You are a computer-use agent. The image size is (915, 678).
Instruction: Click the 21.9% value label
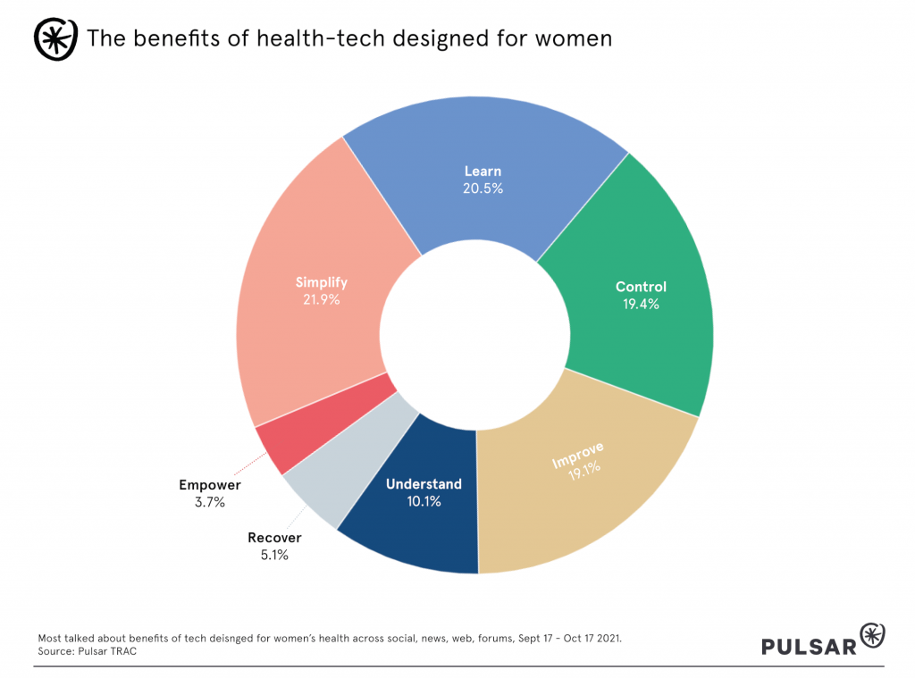pyautogui.click(x=321, y=300)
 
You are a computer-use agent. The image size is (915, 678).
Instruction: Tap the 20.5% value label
pyautogui.click(x=483, y=188)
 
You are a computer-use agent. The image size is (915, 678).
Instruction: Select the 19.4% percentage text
pyautogui.click(x=641, y=305)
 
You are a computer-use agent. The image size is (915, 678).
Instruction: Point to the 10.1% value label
pyautogui.click(x=424, y=501)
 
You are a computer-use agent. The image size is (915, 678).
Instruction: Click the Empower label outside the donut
pyautogui.click(x=210, y=485)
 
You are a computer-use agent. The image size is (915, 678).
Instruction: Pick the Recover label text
pyautogui.click(x=274, y=538)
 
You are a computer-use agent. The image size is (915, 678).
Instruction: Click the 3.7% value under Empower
pyautogui.click(x=210, y=502)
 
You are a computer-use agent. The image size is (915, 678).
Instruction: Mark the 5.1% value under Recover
pyautogui.click(x=274, y=555)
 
